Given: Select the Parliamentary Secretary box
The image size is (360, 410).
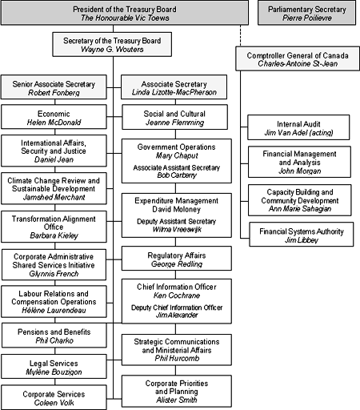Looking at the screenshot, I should pyautogui.click(x=308, y=12).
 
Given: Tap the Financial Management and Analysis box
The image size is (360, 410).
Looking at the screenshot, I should pyautogui.click(x=300, y=163).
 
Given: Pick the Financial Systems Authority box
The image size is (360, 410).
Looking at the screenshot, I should pyautogui.click(x=300, y=236).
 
